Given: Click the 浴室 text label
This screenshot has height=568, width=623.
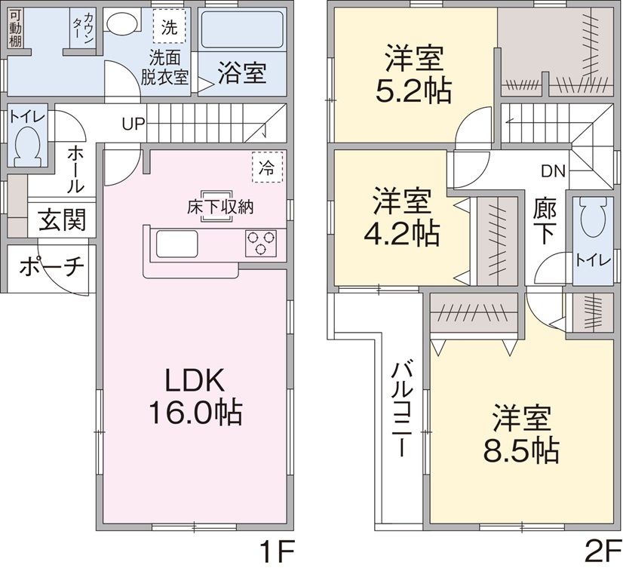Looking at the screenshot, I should click(x=241, y=73).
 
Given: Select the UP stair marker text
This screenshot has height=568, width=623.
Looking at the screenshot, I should click(x=133, y=123).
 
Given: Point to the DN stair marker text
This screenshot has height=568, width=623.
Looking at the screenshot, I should click(x=551, y=170).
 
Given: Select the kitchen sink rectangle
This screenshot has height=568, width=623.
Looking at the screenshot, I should click(x=176, y=244).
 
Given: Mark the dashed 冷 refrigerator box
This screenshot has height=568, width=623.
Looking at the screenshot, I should click(x=266, y=167).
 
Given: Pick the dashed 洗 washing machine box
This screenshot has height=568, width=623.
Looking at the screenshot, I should click(x=170, y=28).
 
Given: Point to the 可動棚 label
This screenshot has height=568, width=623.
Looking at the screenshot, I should click(x=15, y=29).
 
